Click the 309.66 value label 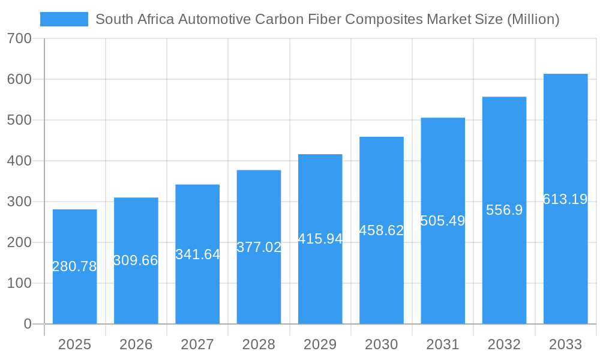136,260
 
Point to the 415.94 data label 320,239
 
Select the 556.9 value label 504,210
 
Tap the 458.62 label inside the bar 382,230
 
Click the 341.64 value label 197,254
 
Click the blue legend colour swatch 64,19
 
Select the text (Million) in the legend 533,19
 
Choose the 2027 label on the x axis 197,344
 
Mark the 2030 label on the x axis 382,344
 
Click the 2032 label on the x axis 504,344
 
